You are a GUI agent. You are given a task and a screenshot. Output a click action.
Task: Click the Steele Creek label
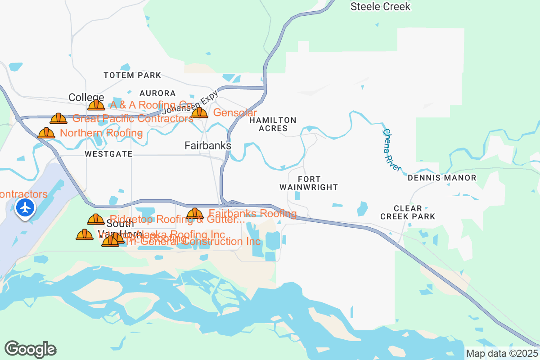pos(380,7)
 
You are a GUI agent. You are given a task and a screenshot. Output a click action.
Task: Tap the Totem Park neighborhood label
pos(132,75)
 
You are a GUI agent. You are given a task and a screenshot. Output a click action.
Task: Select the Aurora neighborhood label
pos(157,93)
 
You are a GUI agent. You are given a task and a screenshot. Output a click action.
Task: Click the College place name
pos(86,97)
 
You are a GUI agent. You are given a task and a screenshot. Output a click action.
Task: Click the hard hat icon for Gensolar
pos(199,112)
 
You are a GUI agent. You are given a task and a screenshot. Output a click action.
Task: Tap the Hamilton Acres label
pos(273,124)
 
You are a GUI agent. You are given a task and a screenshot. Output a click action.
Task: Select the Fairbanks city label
pos(208,146)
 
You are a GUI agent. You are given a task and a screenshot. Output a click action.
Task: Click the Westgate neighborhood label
pos(108,154)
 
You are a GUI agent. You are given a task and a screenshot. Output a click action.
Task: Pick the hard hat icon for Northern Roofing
pos(46,133)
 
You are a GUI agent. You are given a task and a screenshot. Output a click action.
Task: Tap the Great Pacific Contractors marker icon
pos(58,118)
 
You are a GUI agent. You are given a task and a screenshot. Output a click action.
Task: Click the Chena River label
pos(391,150)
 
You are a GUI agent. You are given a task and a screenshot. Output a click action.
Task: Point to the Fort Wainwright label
pos(308,183)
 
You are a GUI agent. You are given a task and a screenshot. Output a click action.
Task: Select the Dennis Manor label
pos(441,178)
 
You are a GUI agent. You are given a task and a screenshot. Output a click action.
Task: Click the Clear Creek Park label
pos(408,212)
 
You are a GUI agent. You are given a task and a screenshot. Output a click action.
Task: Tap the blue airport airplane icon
pos(25,208)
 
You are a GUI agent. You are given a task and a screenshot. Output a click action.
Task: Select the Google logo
pos(30,349)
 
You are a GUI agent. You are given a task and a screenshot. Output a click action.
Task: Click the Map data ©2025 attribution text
pos(502,353)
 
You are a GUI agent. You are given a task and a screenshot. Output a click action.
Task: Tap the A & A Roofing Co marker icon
pos(96,105)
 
